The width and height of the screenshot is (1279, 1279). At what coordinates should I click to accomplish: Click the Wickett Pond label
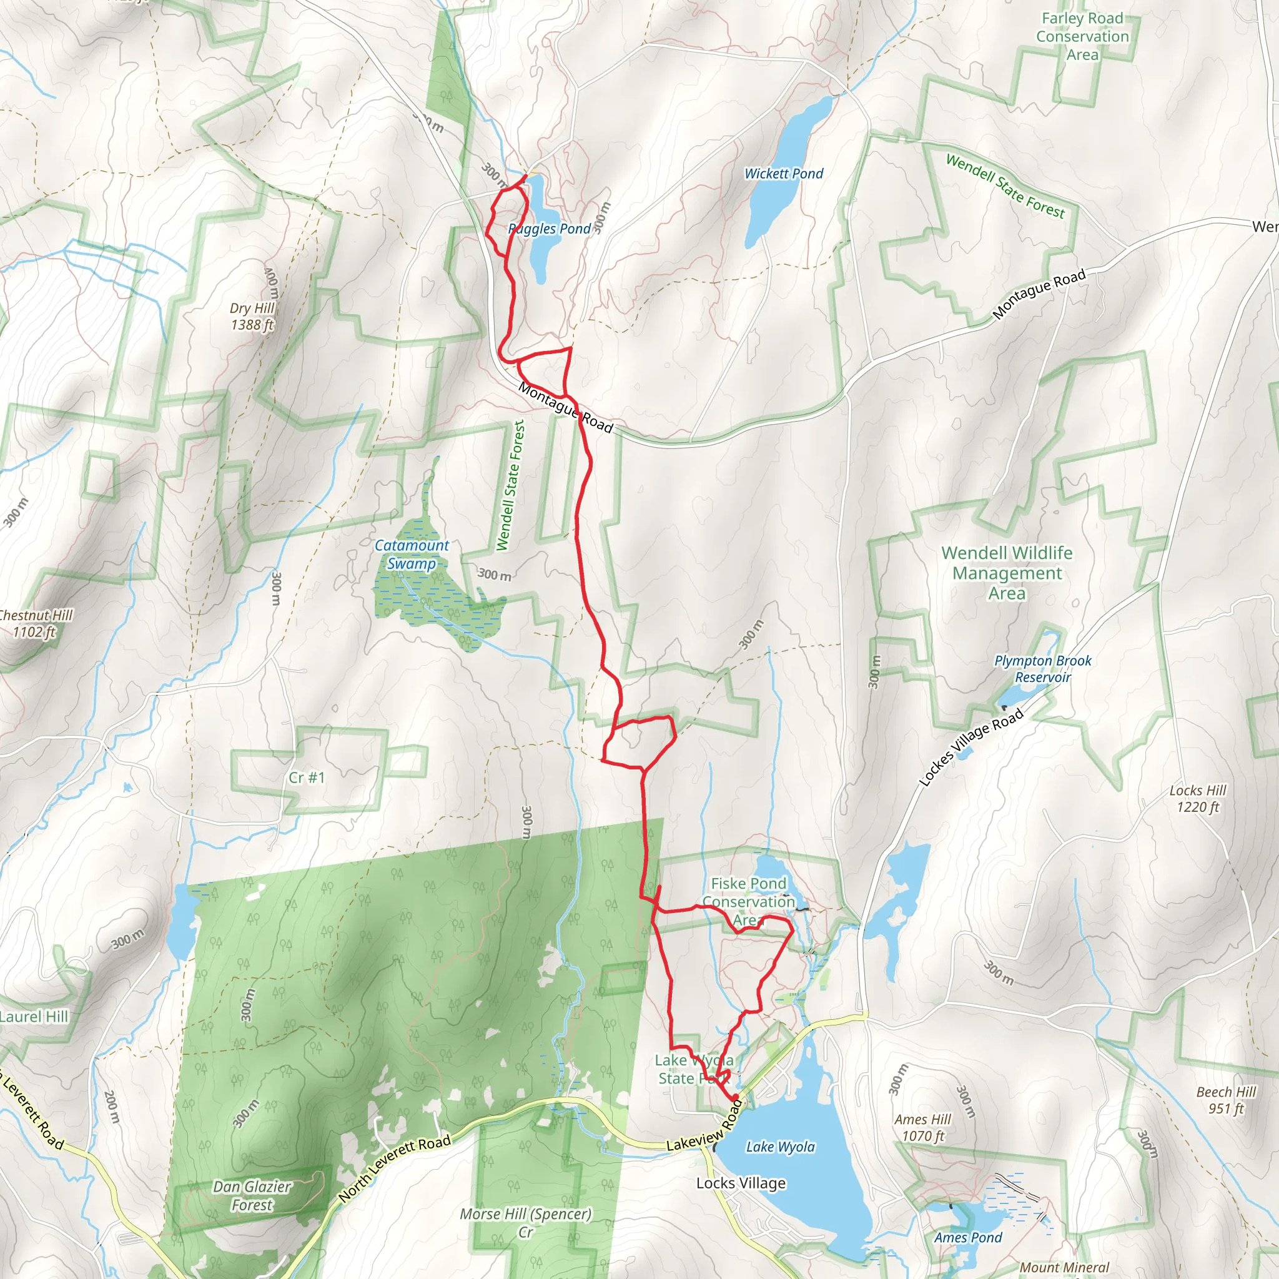[784, 174]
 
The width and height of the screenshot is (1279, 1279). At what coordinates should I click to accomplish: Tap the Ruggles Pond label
[550, 229]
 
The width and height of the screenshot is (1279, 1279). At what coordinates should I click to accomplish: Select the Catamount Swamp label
[412, 555]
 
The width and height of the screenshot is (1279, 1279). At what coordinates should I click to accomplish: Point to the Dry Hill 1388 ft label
[252, 317]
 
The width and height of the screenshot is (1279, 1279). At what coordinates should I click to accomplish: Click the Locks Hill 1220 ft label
[1198, 798]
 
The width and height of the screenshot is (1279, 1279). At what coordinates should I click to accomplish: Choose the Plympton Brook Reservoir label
[1043, 669]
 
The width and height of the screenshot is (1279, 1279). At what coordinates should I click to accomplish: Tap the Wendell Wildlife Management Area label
[1007, 573]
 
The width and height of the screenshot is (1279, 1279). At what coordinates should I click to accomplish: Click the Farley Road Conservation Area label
[1082, 36]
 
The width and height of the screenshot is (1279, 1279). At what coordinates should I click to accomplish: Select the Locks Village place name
[741, 1183]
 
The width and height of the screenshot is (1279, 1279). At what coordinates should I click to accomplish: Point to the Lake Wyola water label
[781, 1147]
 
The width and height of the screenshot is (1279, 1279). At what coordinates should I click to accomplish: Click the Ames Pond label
[968, 1237]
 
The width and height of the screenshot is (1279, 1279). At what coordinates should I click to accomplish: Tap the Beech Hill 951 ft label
[1226, 1100]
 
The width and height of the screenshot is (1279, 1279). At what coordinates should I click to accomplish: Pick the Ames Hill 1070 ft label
[923, 1127]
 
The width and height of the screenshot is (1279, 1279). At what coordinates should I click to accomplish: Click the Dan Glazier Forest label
[252, 1195]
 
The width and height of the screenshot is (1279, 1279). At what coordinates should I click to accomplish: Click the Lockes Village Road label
[971, 747]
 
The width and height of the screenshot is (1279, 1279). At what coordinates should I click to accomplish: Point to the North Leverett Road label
[395, 1168]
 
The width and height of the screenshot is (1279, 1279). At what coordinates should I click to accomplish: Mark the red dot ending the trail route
[736, 1098]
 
